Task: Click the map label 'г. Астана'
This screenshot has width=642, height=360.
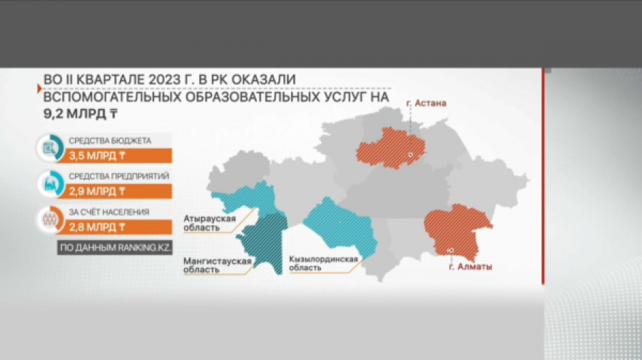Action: click(426, 103)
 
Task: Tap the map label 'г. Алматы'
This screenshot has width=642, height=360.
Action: click(471, 267)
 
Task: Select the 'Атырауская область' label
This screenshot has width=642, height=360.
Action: click(210, 223)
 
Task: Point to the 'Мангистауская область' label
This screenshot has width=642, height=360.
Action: click(217, 265)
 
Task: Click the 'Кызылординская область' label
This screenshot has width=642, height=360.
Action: click(323, 264)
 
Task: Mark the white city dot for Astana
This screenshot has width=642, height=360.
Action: click(410, 155)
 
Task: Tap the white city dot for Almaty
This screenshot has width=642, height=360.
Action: click(451, 250)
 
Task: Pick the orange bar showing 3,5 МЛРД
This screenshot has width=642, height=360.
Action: click(115, 156)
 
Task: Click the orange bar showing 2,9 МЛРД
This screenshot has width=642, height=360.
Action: click(115, 192)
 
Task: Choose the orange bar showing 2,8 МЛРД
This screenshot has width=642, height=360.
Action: click(115, 227)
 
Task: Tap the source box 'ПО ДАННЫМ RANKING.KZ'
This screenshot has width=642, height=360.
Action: click(115, 247)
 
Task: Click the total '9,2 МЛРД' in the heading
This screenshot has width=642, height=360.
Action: click(81, 113)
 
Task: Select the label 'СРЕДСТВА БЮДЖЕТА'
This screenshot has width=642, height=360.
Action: click(110, 140)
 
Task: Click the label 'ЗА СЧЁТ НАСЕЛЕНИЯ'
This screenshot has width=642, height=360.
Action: click(109, 212)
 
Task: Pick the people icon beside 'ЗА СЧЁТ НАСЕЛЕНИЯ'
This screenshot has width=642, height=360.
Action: click(50, 220)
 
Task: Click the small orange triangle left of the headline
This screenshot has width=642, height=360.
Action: click(39, 88)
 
